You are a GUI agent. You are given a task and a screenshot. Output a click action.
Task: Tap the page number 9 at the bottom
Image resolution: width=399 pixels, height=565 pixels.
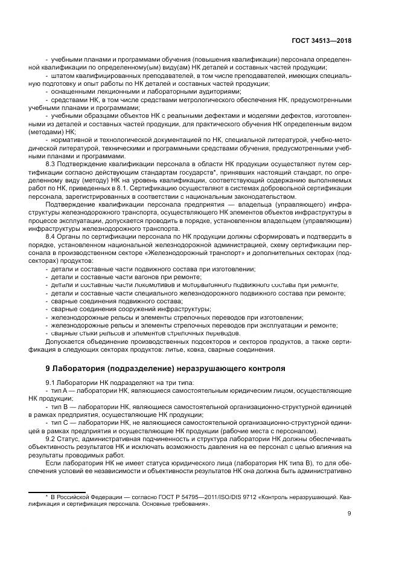point(350,514)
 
